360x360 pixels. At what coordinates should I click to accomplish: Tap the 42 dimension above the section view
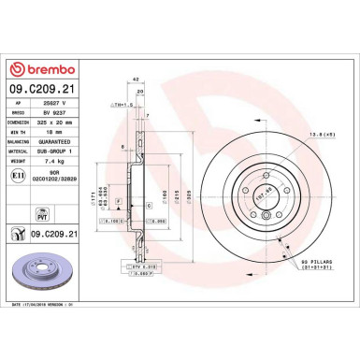pyautogui.click(x=137, y=82)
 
